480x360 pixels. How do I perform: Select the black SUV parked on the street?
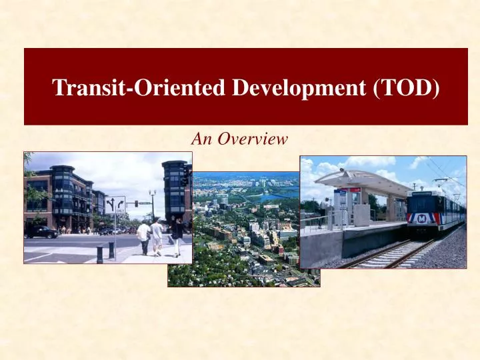[41, 232]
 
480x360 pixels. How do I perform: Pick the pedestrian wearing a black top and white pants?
[177, 237]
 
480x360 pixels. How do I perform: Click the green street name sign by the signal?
[145, 203]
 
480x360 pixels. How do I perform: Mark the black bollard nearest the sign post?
[100, 255]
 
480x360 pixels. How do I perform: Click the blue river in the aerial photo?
[277, 197]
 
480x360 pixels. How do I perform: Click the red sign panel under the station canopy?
[353, 190]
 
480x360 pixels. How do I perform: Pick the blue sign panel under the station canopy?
[341, 199]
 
